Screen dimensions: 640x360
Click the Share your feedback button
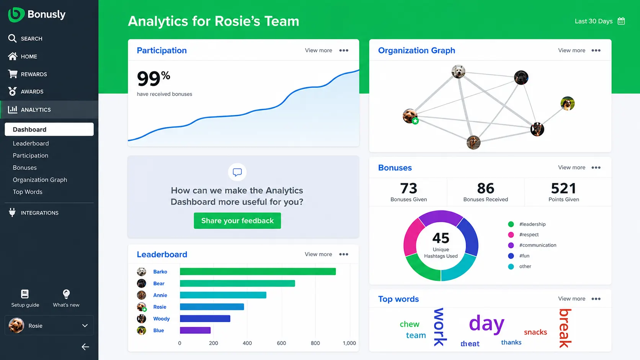pyautogui.click(x=237, y=221)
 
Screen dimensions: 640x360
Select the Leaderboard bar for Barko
pyautogui.click(x=258, y=272)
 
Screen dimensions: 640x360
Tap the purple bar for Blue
pyautogui.click(x=195, y=330)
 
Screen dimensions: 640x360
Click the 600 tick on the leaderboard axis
pyautogui.click(x=281, y=343)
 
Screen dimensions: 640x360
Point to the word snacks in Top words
pyautogui.click(x=536, y=332)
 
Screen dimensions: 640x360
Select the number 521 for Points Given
pyautogui.click(x=563, y=189)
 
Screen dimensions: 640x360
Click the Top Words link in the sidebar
pyautogui.click(x=28, y=192)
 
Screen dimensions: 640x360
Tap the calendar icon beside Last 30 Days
pyautogui.click(x=621, y=21)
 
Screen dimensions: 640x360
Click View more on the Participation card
pyautogui.click(x=318, y=50)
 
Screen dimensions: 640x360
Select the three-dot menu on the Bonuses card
pyautogui.click(x=596, y=168)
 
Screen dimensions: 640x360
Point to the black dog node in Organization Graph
pyautogui.click(x=521, y=78)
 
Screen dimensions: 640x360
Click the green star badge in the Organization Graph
pyautogui.click(x=415, y=121)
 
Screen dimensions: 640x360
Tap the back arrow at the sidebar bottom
pyautogui.click(x=85, y=347)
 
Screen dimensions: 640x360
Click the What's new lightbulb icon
pyautogui.click(x=66, y=294)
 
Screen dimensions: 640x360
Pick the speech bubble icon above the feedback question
pyautogui.click(x=237, y=172)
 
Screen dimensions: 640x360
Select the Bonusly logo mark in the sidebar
pyautogui.click(x=16, y=15)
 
